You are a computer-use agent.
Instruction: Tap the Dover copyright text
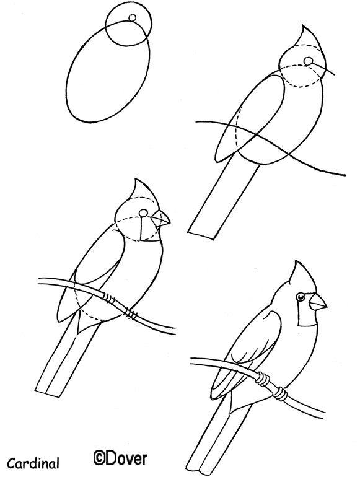(120, 458)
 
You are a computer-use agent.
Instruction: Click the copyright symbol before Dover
(99, 458)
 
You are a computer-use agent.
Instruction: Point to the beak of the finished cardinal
(318, 302)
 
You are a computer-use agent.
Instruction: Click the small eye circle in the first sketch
(131, 18)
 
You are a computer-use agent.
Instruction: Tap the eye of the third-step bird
(144, 213)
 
